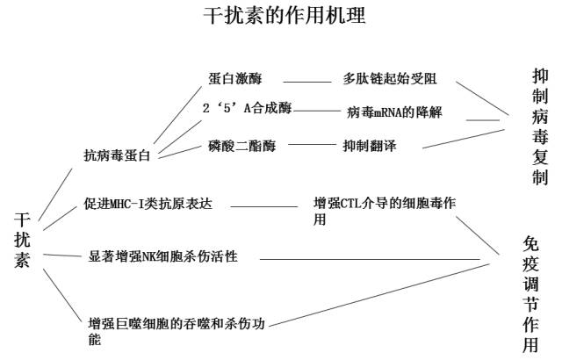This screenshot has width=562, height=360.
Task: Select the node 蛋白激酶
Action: pyautogui.click(x=235, y=78)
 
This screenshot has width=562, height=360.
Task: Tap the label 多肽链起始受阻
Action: pyautogui.click(x=388, y=78)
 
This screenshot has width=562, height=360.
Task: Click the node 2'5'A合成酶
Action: pyautogui.click(x=246, y=109)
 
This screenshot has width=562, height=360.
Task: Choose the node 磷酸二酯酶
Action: pyautogui.click(x=242, y=145)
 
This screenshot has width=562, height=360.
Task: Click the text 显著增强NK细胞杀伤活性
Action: pyautogui.click(x=162, y=256)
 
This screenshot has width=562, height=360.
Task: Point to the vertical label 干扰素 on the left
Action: pyautogui.click(x=22, y=238)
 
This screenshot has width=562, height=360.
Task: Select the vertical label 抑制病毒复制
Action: pyautogui.click(x=539, y=126)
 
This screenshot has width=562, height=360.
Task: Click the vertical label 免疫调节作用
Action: pyautogui.click(x=531, y=295)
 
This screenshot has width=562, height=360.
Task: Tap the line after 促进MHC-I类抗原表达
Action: pyautogui.click(x=263, y=207)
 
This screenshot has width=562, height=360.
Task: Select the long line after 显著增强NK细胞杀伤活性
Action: pyautogui.click(x=369, y=258)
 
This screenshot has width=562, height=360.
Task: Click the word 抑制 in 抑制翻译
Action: pyautogui.click(x=356, y=145)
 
